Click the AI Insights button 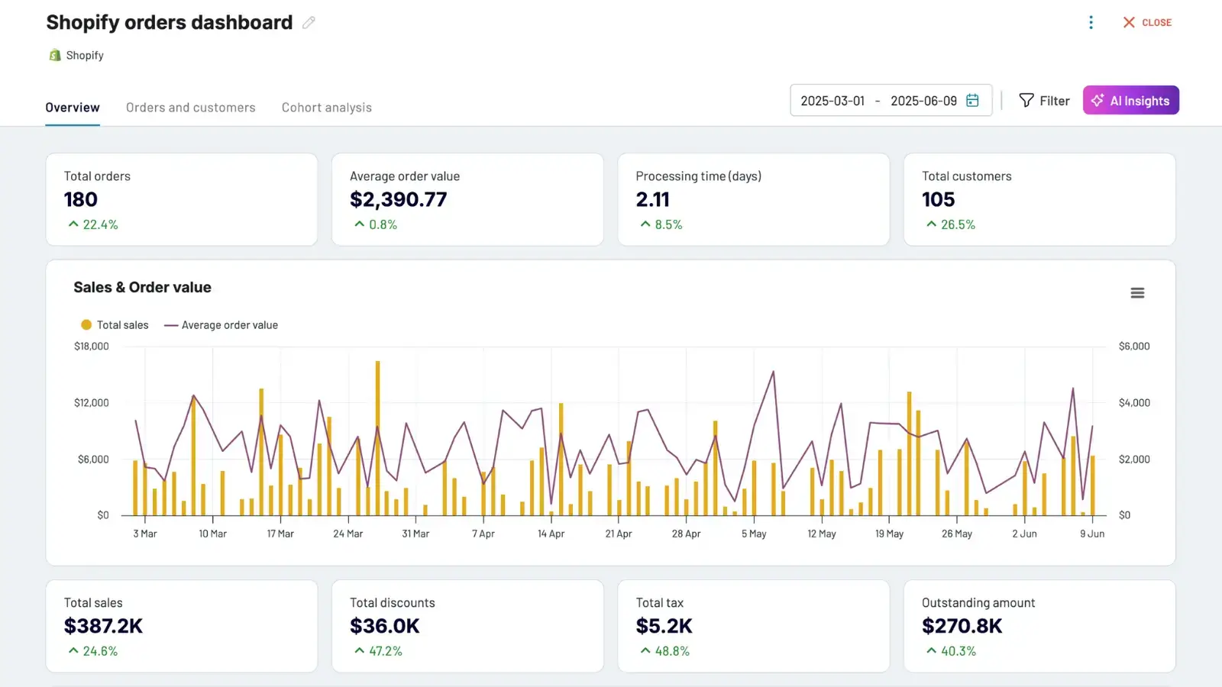1130,100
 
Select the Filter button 1044,101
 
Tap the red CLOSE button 1147,23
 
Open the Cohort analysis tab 326,108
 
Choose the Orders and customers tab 190,108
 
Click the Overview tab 73,108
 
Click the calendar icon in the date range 972,101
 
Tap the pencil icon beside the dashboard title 309,23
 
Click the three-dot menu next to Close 1091,23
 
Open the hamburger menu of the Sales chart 1137,293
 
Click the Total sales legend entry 115,325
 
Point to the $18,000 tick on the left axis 92,347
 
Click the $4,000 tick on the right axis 1133,403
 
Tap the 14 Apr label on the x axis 551,534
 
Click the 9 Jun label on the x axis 1091,534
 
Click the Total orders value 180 81,200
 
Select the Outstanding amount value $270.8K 962,627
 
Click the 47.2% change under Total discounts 385,652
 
